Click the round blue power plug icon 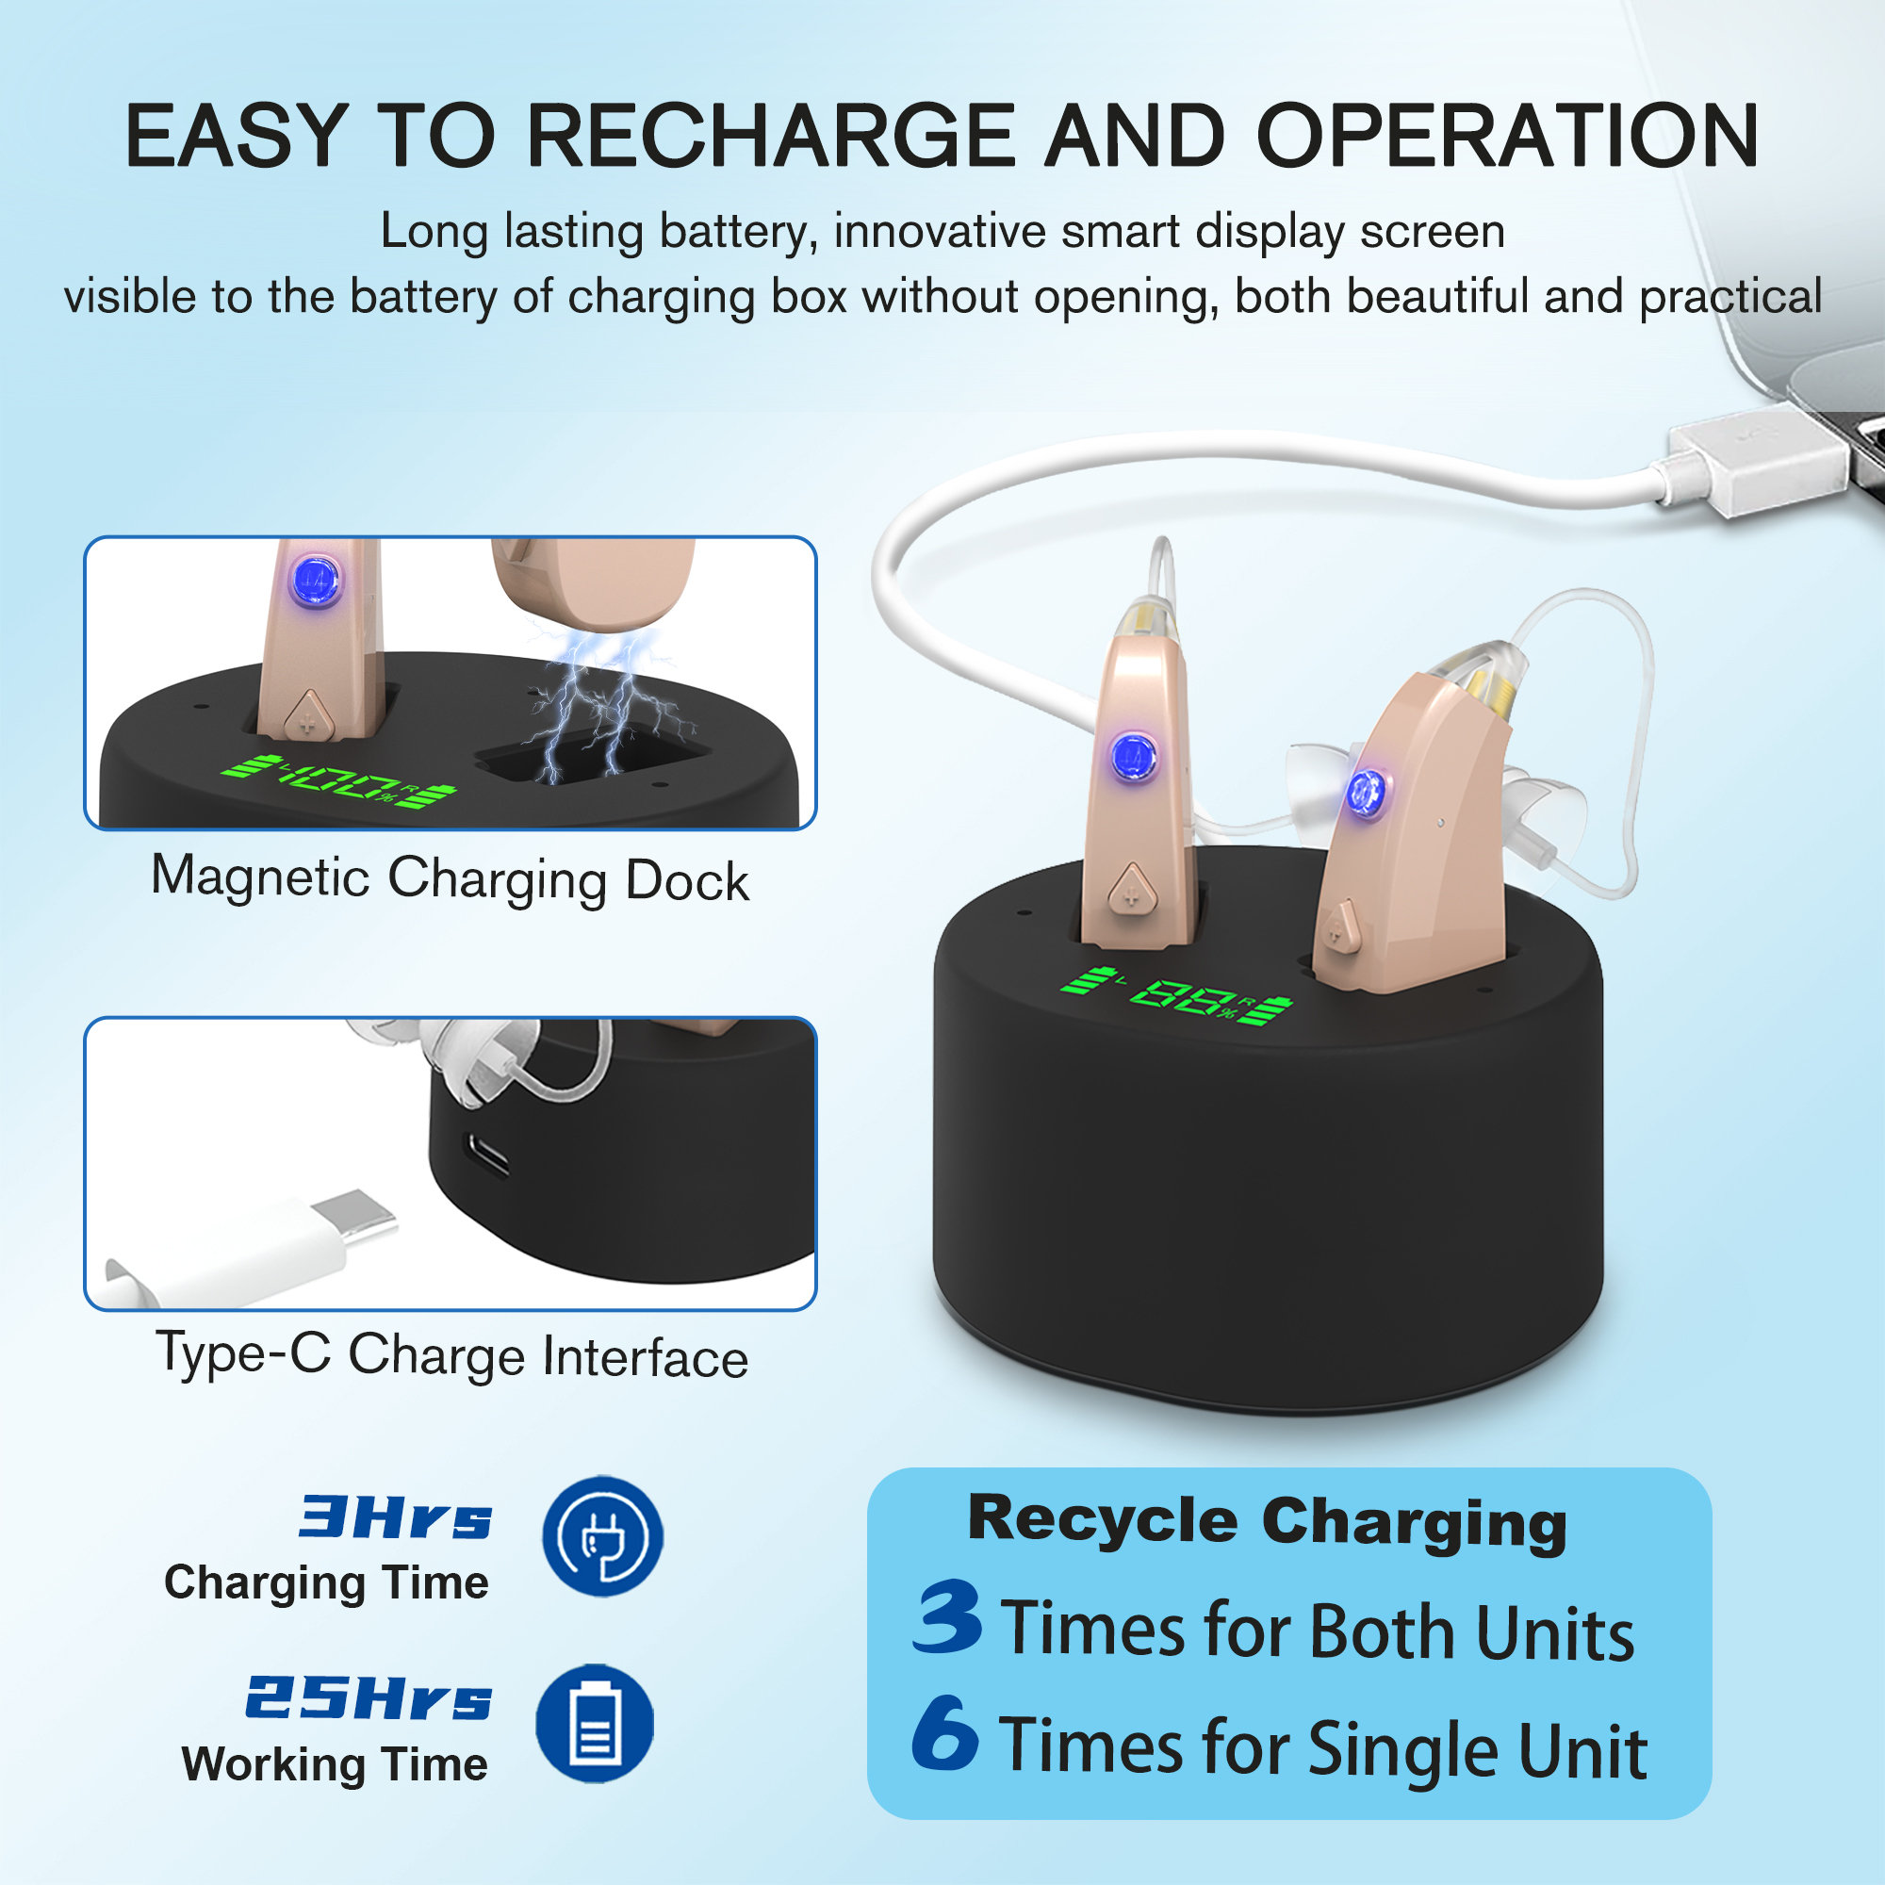coord(603,1536)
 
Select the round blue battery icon coord(595,1723)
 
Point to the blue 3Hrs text coord(396,1518)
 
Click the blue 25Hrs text coord(369,1698)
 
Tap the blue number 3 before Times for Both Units coord(947,1618)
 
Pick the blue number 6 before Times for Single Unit coord(945,1734)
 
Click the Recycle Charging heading coord(1268,1523)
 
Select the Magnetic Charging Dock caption coord(450,879)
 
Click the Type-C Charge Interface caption coord(451,1356)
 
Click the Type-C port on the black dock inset coord(487,1156)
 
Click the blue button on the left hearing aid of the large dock coord(1133,756)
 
